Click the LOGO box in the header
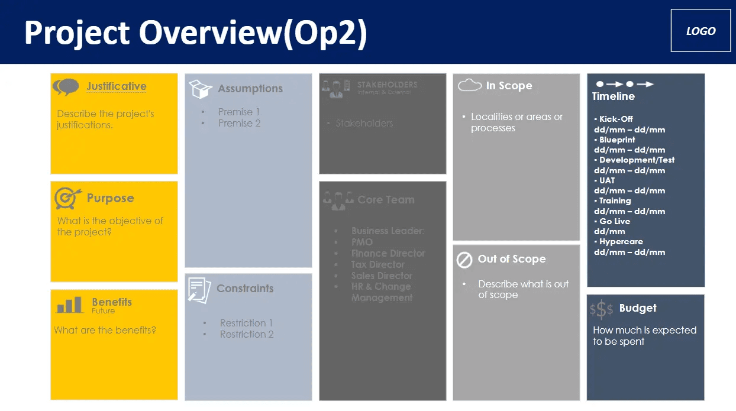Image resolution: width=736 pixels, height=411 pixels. (701, 31)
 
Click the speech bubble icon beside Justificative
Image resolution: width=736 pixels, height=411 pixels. (66, 87)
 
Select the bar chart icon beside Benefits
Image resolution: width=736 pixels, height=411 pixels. (70, 305)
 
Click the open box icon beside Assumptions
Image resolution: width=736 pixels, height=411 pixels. (201, 89)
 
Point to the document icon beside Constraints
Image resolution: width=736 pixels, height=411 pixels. (199, 289)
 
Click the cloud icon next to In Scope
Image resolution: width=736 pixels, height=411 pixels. (470, 86)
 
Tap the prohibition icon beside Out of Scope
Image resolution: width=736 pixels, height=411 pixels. (464, 260)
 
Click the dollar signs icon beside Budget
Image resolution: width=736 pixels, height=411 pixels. (601, 309)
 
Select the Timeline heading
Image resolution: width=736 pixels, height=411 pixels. (614, 96)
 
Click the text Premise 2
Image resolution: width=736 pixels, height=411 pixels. (239, 123)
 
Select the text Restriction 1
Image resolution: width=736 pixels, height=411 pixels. (246, 323)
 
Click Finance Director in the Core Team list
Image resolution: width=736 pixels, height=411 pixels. (388, 253)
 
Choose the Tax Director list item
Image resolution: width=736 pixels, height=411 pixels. (378, 264)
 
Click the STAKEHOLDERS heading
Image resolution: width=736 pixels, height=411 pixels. (387, 85)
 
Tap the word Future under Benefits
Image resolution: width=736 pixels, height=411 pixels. (103, 310)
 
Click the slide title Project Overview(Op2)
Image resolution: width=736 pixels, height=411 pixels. (196, 32)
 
